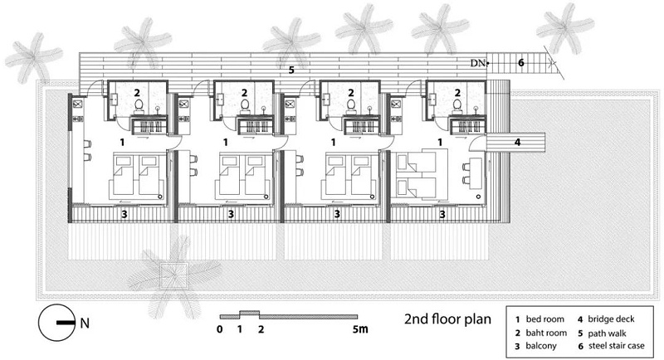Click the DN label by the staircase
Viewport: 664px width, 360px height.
coord(477,63)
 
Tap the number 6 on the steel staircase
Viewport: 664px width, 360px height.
coord(521,62)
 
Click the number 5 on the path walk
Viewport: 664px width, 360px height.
coord(291,70)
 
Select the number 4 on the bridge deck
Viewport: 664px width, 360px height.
coord(517,142)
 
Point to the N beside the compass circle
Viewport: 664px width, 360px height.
coord(85,324)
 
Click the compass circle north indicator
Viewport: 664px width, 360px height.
coord(57,323)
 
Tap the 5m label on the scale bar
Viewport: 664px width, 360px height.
coord(360,328)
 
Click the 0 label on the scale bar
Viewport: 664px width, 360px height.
coord(219,328)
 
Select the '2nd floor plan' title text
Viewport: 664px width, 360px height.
coord(447,319)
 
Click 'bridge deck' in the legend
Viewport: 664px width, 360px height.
coord(611,319)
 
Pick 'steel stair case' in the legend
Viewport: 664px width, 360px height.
coord(616,346)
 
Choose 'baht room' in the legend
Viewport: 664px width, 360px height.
coord(546,333)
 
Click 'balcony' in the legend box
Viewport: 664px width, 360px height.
coord(541,346)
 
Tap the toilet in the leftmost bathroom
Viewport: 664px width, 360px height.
coord(139,105)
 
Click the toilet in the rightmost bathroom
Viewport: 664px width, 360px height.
coord(457,105)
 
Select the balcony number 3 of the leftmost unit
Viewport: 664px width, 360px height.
coord(124,215)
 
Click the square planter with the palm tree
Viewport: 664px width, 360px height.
coord(173,276)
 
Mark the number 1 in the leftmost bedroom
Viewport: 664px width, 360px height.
coord(122,142)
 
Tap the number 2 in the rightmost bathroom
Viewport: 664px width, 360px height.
coord(457,92)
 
